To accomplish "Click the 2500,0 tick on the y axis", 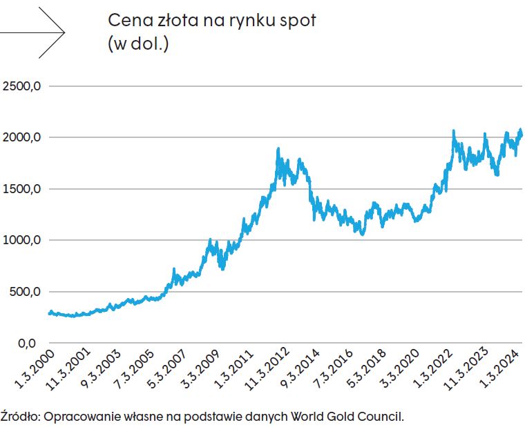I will pyautogui.click(x=22, y=86).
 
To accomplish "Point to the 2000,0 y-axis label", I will pyautogui.click(x=22, y=137).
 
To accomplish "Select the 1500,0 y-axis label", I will pyautogui.click(x=22, y=189).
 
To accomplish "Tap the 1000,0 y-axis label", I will pyautogui.click(x=22, y=240).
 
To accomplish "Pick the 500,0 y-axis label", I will pyautogui.click(x=25, y=292).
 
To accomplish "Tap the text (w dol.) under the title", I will pyautogui.click(x=138, y=44).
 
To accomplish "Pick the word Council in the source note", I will pyautogui.click(x=383, y=417).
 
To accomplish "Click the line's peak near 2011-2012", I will pyautogui.click(x=278, y=149).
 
